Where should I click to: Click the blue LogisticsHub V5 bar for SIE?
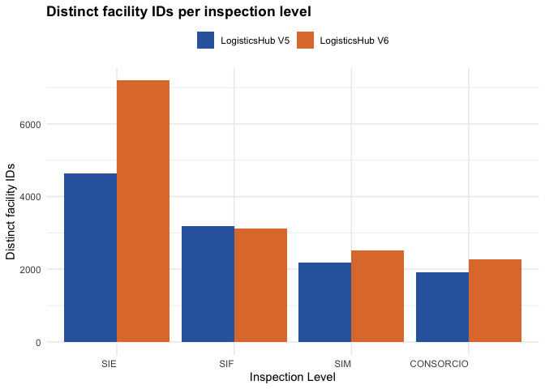(x=90, y=258)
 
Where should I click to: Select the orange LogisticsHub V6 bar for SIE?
(x=143, y=212)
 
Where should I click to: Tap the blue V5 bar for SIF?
(x=208, y=284)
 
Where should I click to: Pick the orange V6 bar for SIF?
(x=260, y=285)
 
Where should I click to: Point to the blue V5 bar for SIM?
(x=325, y=302)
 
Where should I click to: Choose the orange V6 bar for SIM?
(x=377, y=297)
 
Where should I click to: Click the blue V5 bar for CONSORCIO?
(x=443, y=307)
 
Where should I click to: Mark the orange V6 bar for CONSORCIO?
(x=495, y=301)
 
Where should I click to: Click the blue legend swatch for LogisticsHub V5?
(x=205, y=41)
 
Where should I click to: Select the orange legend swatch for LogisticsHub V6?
(x=305, y=41)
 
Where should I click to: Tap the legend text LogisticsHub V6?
(x=354, y=41)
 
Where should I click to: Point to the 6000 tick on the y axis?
(x=30, y=124)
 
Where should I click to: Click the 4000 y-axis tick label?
(x=30, y=197)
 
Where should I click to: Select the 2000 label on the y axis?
(x=30, y=270)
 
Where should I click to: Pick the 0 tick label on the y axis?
(x=38, y=343)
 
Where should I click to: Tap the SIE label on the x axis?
(x=109, y=364)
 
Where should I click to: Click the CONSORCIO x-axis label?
(x=439, y=364)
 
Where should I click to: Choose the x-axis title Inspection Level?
(x=293, y=377)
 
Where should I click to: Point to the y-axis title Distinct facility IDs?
(x=11, y=212)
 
